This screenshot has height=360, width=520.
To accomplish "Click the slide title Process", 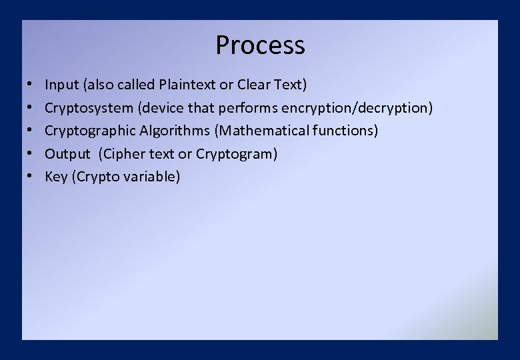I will click(x=260, y=45).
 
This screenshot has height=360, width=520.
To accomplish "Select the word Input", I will click(x=61, y=85).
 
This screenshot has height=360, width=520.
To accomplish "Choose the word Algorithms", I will click(x=174, y=131).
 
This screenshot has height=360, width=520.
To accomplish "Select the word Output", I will click(x=67, y=154).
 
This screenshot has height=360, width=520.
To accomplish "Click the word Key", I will click(x=55, y=177).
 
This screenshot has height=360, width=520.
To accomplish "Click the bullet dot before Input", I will click(x=31, y=85).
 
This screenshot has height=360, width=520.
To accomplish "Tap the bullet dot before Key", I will click(x=31, y=177).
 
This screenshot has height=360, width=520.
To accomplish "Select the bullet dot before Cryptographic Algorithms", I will click(x=31, y=131).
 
